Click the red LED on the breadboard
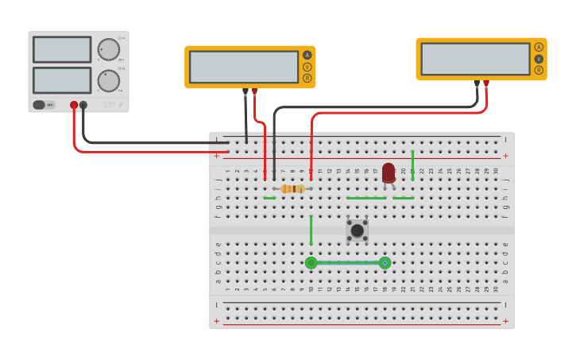tap(388, 172)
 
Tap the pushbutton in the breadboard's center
tap(358, 230)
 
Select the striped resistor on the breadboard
tap(292, 188)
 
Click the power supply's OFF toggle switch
tap(44, 105)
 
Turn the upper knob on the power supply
tap(108, 49)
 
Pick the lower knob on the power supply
tap(108, 80)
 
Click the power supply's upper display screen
tap(62, 49)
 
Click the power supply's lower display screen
tap(62, 80)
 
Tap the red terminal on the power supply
tap(74, 105)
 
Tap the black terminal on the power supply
tap(83, 105)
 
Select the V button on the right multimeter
tap(539, 59)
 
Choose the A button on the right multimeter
tap(539, 47)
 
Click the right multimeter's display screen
tap(475, 59)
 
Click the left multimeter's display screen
tap(244, 67)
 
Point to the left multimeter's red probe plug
tap(255, 92)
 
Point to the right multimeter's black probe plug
tap(477, 83)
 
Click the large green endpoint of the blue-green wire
tap(311, 263)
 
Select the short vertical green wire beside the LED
tap(412, 164)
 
